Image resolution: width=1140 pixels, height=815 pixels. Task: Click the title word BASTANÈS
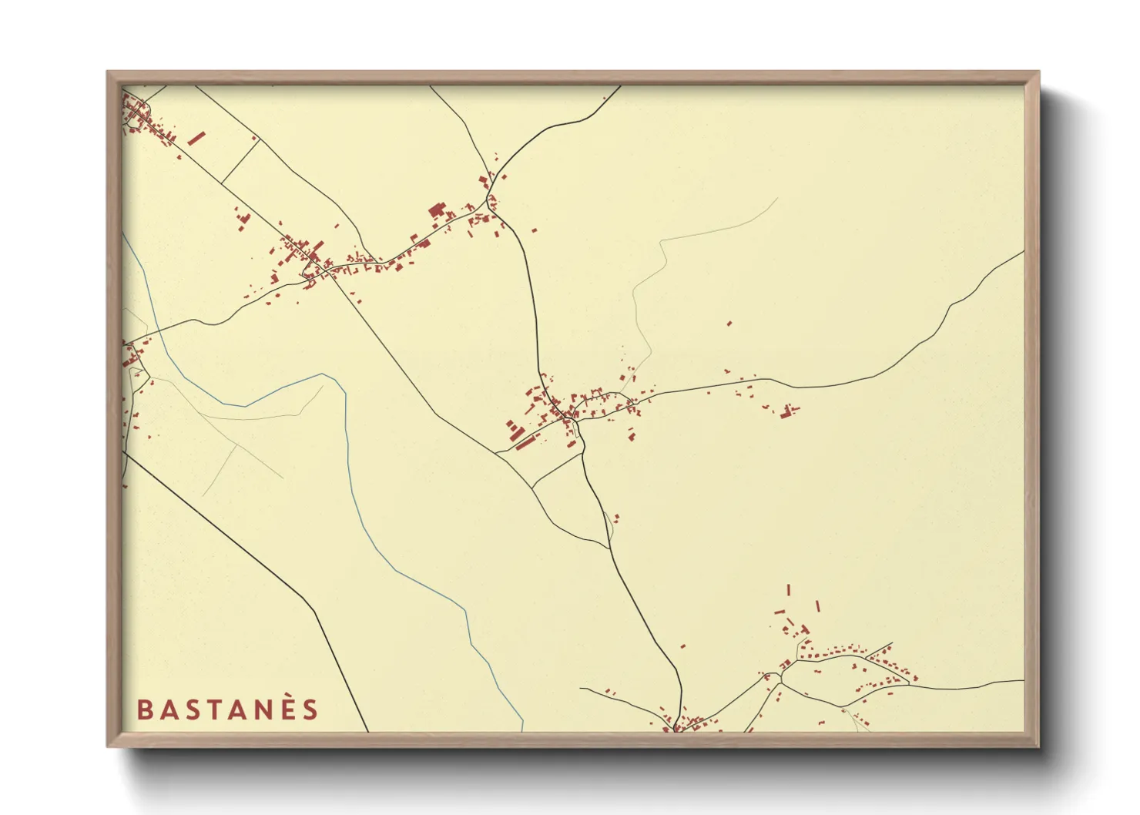pos(227,709)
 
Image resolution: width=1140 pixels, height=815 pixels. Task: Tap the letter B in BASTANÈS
pos(143,710)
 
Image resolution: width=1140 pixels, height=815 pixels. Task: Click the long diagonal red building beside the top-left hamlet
pos(196,138)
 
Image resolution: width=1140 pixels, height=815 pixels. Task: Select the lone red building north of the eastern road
pos(729,324)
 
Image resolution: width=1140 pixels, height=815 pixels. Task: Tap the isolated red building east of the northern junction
pos(534,230)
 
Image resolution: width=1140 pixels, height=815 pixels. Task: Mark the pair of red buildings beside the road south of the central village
pos(616,518)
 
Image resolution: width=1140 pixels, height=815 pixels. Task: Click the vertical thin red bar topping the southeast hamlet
pos(788,590)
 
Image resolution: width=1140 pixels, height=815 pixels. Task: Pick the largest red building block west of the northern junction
pos(437,210)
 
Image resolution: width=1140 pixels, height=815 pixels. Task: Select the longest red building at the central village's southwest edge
pos(525,443)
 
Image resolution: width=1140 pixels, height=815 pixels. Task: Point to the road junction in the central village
pos(575,420)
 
